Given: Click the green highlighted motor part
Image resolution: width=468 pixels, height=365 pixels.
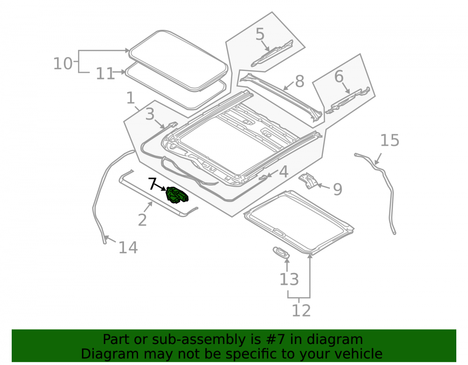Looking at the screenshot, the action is coord(177,195).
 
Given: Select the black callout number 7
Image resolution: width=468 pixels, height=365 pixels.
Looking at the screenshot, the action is coord(152,184).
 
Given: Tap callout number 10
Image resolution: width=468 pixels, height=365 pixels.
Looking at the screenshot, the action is coord(63,64).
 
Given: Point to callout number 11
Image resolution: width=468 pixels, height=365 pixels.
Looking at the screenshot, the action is coord(105,73).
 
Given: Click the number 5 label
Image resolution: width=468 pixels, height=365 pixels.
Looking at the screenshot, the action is coord(260,34).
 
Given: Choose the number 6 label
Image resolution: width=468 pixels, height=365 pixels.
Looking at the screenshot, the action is coord(339,77).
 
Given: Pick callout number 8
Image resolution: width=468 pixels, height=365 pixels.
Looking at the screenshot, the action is coord(300,81).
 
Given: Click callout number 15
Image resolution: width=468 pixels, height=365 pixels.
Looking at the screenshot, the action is coord(390,140).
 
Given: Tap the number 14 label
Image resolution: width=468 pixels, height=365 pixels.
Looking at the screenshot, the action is coord(128,248).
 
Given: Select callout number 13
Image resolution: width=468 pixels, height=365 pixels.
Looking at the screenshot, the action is coord(289,279).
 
